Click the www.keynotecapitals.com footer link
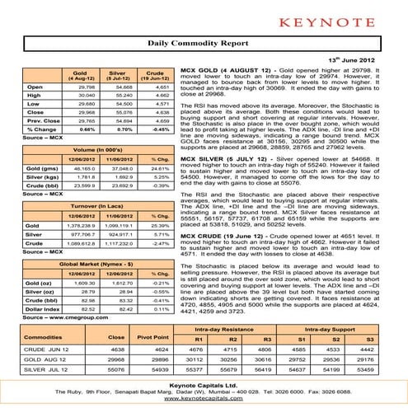(203, 401)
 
